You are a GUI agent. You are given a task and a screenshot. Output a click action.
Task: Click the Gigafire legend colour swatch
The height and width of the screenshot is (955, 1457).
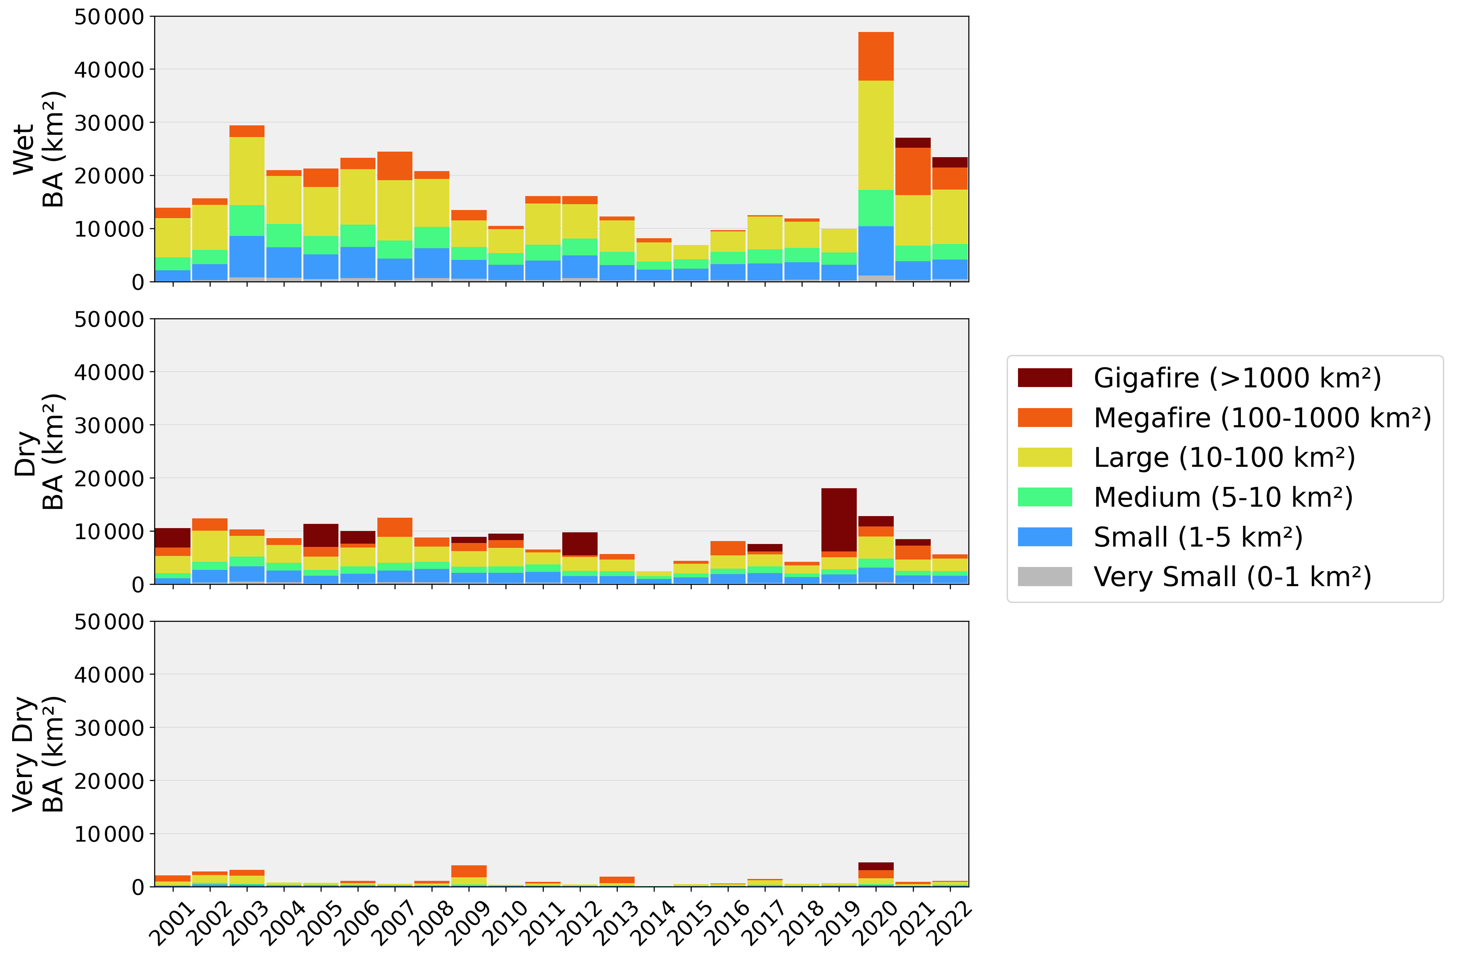tap(1044, 378)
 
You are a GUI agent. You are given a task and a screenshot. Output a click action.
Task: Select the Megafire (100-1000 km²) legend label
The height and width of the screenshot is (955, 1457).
tap(1262, 417)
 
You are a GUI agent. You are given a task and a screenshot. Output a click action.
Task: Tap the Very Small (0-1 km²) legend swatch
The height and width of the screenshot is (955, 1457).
tap(1044, 577)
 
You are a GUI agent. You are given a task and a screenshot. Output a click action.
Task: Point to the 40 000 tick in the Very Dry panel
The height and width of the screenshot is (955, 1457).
tap(109, 675)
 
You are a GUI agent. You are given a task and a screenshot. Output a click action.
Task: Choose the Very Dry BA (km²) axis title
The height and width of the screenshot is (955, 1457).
tap(38, 754)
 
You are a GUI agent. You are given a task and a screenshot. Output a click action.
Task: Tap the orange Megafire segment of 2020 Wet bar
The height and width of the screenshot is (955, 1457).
tap(876, 56)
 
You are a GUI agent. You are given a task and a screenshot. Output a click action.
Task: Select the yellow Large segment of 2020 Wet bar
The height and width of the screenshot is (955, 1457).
tap(876, 135)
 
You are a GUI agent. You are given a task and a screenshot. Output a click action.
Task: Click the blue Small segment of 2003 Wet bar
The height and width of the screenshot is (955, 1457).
tap(247, 257)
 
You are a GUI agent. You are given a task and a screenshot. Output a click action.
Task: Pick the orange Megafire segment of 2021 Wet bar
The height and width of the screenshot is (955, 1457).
tap(913, 171)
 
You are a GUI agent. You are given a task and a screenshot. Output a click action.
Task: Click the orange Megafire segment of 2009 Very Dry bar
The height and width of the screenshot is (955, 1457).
tap(469, 871)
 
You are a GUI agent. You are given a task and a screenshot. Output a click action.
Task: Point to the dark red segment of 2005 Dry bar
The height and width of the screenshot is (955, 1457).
tap(321, 535)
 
